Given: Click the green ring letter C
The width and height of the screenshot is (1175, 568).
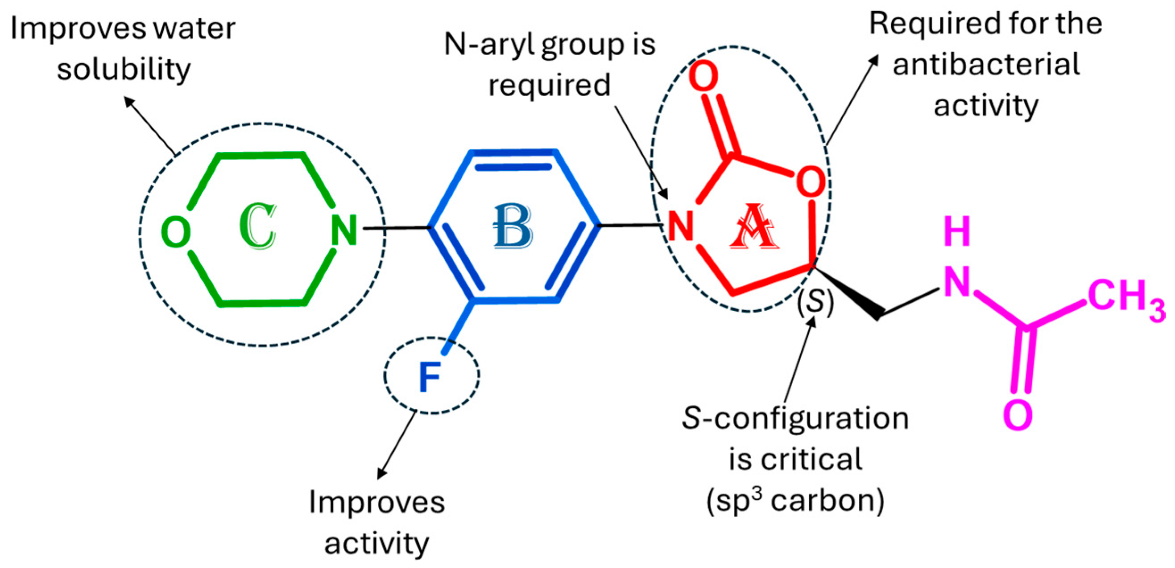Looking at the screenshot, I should click(258, 226).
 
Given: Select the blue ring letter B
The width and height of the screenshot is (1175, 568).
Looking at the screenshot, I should click(513, 226).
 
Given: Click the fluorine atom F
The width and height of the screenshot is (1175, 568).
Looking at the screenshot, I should click(429, 377).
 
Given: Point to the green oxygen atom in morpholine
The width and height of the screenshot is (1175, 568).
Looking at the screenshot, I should click(176, 232).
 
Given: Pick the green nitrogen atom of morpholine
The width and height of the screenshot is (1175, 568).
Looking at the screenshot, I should click(344, 230).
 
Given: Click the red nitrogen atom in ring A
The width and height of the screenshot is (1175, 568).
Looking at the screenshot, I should click(681, 226).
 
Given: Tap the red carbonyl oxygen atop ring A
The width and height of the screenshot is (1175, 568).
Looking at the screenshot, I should click(703, 76).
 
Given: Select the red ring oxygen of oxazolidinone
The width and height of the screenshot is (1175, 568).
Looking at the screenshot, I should click(811, 182).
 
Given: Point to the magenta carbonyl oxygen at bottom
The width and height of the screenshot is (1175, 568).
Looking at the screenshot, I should click(1018, 415).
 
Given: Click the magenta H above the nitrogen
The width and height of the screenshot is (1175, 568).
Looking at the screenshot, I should click(956, 231).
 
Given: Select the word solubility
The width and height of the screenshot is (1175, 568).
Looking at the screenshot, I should click(124, 69).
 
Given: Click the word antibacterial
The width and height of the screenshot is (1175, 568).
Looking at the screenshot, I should click(986, 64).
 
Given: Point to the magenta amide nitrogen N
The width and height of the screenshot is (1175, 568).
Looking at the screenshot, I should click(956, 282).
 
